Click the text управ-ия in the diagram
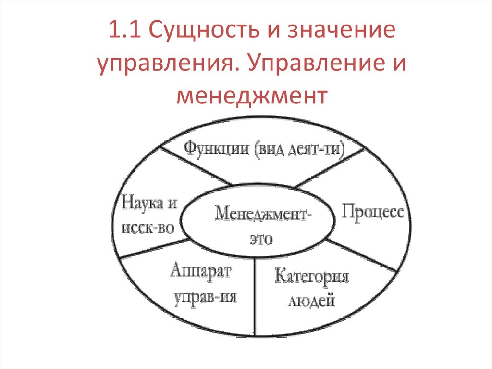[x=206, y=297]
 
